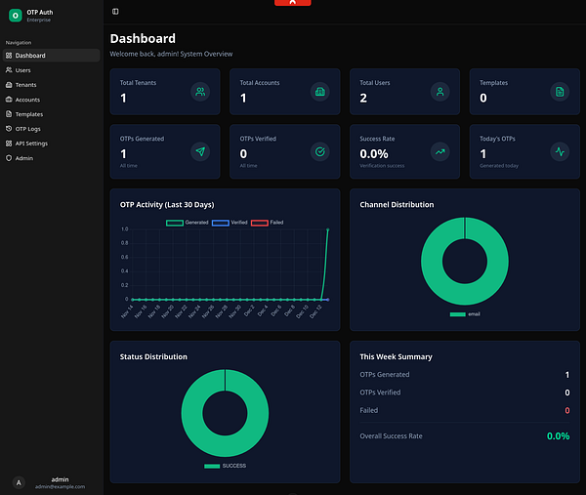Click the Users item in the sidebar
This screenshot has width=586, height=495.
pyautogui.click(x=23, y=70)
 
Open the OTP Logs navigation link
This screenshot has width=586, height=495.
pyautogui.click(x=28, y=128)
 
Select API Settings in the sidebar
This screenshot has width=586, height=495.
pyautogui.click(x=31, y=143)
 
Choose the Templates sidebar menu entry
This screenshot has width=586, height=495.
pyautogui.click(x=29, y=114)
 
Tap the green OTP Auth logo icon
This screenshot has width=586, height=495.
pyautogui.click(x=15, y=16)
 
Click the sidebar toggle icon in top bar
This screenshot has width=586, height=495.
pyautogui.click(x=115, y=11)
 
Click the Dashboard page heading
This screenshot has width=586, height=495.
pyautogui.click(x=143, y=38)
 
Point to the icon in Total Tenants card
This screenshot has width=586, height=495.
pyautogui.click(x=200, y=92)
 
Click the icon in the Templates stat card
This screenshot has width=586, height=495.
pyautogui.click(x=560, y=92)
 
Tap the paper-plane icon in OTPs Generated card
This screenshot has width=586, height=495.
pyautogui.click(x=200, y=151)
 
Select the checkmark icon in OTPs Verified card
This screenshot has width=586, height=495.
pyautogui.click(x=319, y=151)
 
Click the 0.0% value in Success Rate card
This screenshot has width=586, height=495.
pyautogui.click(x=373, y=154)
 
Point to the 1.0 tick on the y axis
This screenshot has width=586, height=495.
pyautogui.click(x=124, y=229)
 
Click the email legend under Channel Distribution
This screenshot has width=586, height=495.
pyautogui.click(x=465, y=314)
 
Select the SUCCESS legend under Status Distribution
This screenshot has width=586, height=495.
pyautogui.click(x=225, y=466)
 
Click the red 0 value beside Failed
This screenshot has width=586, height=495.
pyautogui.click(x=566, y=410)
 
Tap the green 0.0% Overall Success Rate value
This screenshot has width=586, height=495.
pyautogui.click(x=558, y=435)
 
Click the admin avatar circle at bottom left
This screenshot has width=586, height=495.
pyautogui.click(x=19, y=482)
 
